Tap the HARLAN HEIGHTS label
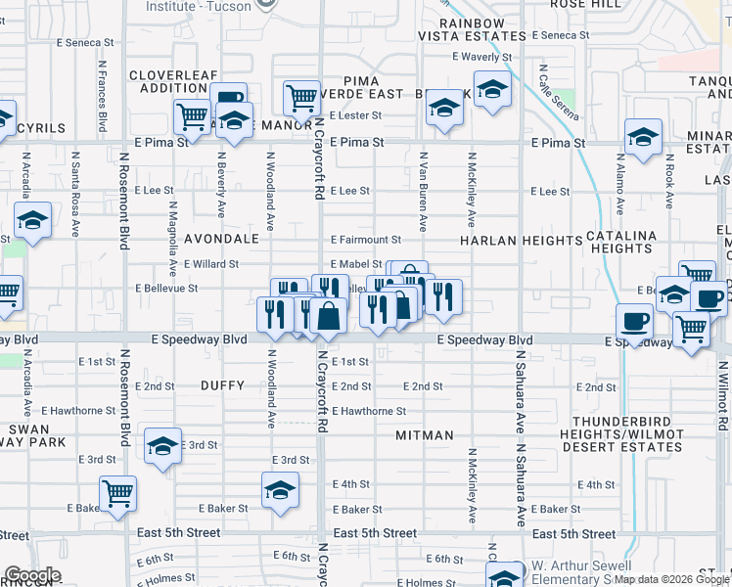(x=522, y=240)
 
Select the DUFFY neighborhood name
(x=222, y=385)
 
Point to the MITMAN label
(x=425, y=434)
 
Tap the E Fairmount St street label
(x=366, y=240)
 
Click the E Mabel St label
(x=355, y=264)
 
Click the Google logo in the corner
(x=32, y=574)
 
